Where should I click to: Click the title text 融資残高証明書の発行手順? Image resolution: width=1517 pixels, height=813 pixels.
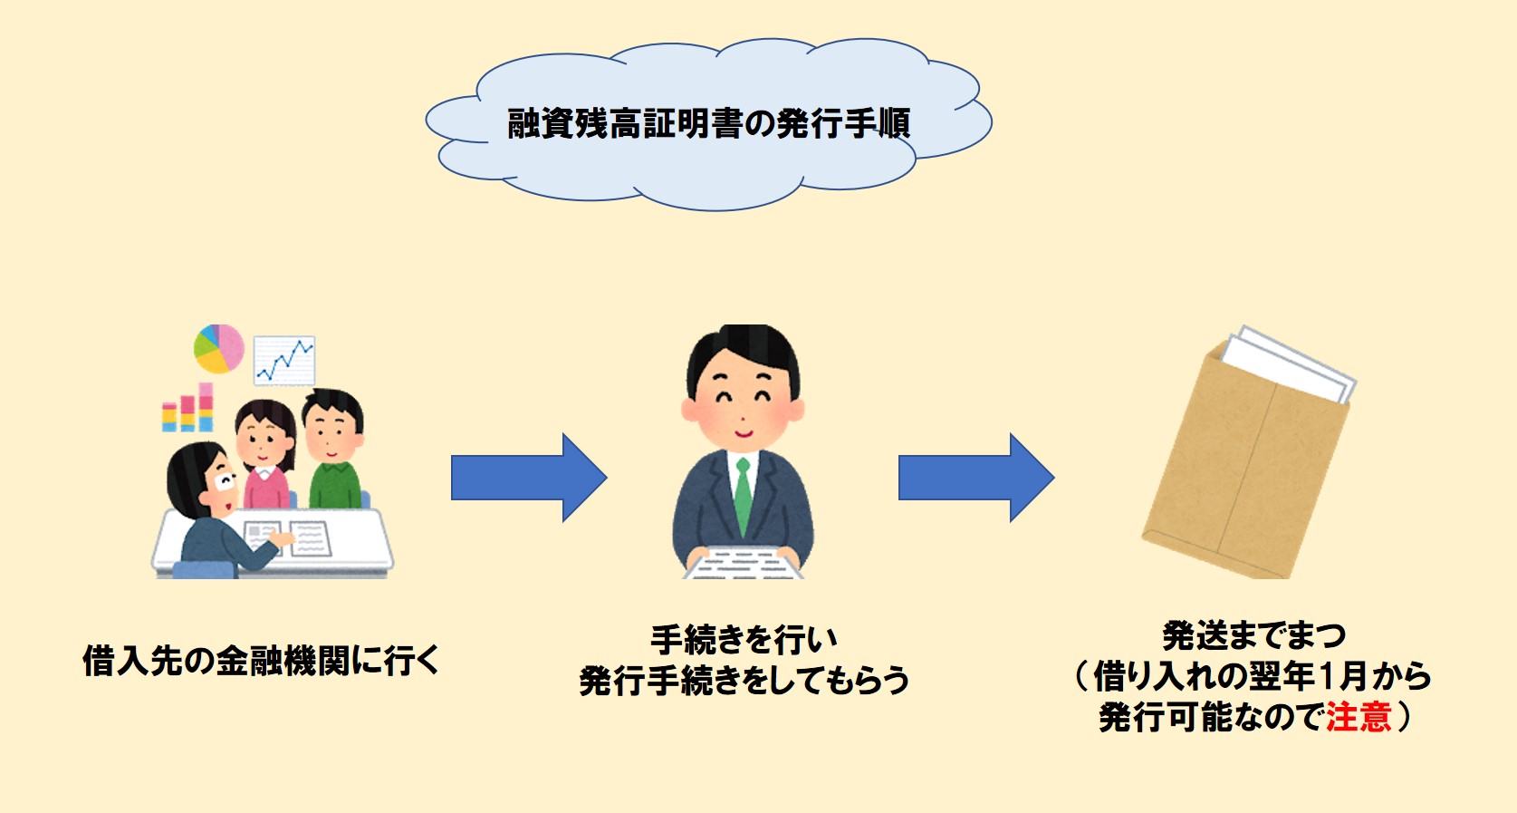(x=709, y=122)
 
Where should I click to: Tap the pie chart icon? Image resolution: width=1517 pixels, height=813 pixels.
(x=219, y=349)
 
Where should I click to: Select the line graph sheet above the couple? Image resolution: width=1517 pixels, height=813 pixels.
(x=284, y=361)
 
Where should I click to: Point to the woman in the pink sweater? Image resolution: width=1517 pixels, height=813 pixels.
(x=265, y=454)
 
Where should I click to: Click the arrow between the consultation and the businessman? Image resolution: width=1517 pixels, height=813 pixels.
(x=529, y=478)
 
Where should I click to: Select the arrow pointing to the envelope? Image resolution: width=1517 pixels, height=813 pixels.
(x=976, y=478)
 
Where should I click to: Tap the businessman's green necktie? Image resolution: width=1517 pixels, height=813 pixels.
(x=743, y=496)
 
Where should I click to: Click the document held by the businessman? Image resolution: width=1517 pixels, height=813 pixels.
(x=743, y=564)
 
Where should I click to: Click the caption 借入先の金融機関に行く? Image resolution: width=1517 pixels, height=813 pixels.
(x=262, y=660)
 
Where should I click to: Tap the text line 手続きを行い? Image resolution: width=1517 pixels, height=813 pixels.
(x=744, y=640)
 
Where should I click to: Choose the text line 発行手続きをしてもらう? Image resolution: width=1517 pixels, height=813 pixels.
(x=744, y=680)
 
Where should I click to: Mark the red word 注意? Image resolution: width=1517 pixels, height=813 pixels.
(x=1359, y=716)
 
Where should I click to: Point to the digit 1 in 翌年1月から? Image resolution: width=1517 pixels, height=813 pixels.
(x=1326, y=675)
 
